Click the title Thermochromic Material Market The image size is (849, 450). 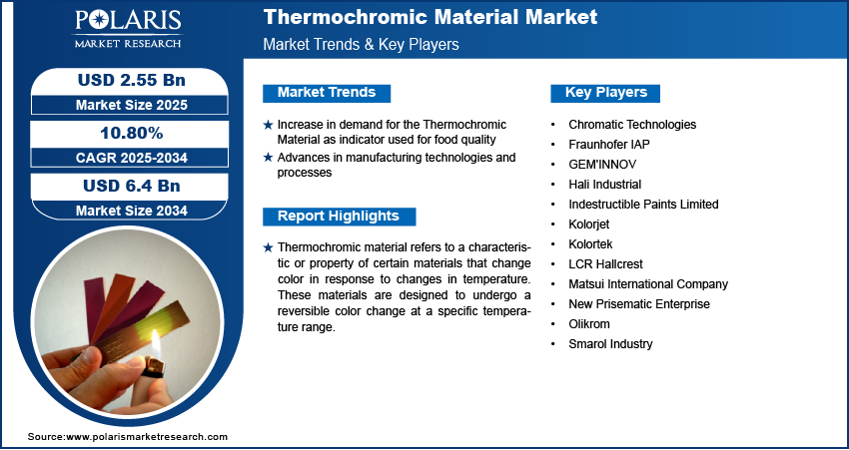[x=430, y=17]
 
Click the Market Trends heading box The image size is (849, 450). [x=327, y=93]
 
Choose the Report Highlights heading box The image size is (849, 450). [x=339, y=217]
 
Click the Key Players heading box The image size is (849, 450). [x=605, y=93]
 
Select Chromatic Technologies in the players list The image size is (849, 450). [x=632, y=125]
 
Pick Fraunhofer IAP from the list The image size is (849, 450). [x=610, y=145]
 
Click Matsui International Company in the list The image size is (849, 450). [x=648, y=284]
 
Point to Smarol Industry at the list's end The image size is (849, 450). [x=610, y=344]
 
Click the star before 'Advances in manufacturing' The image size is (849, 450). [x=268, y=158]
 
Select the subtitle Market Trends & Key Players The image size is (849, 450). [x=361, y=45]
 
